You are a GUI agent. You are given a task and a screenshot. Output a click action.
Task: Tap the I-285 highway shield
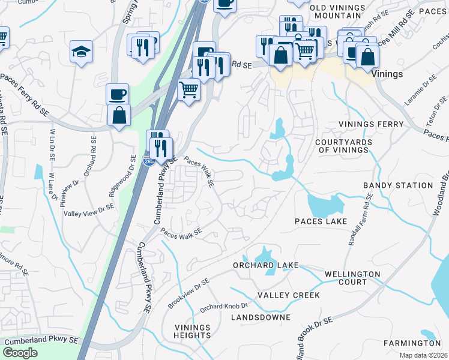pos(148,161)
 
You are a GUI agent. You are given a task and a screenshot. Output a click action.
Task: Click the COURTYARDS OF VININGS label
pos(343,146)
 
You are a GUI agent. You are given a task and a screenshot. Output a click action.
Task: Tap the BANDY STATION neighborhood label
pos(398,186)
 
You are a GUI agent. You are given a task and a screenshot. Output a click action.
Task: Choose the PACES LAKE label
pos(321,221)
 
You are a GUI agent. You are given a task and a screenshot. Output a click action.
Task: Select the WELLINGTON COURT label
pos(352,278)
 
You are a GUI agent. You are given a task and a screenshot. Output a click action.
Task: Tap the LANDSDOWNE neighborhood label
pos(264,317)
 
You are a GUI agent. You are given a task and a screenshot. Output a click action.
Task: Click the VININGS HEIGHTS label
pos(193,331)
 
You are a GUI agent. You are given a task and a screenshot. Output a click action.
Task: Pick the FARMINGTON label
pos(413,343)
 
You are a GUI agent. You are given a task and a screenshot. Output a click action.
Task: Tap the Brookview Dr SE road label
pos(188,293)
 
